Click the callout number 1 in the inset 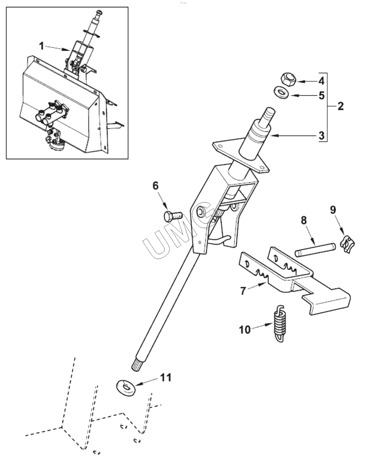(42, 46)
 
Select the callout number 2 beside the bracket (340, 106)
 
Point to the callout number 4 (321, 81)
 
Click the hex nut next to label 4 (288, 80)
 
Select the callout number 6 (155, 186)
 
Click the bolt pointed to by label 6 (173, 216)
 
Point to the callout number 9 (333, 210)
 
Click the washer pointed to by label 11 (126, 388)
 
